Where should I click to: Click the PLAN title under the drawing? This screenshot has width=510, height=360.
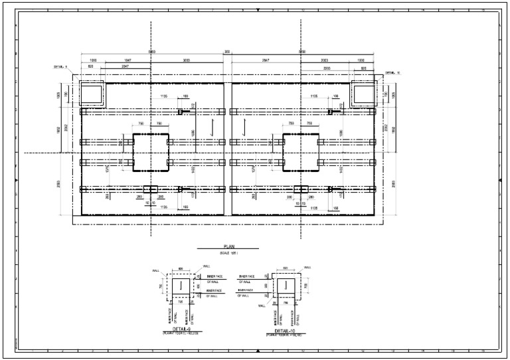pos(229,248)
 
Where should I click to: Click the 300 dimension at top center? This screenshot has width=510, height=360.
pos(227,52)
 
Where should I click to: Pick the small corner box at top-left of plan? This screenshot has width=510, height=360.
pos(92,94)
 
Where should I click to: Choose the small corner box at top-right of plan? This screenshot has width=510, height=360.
pos(363,94)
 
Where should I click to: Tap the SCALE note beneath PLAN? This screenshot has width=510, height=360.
pos(229,254)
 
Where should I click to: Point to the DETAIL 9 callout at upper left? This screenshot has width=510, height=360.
pos(62,67)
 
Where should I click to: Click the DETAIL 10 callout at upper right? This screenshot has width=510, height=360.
pos(393,72)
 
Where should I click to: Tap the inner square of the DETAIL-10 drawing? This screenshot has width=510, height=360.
pos(285,286)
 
